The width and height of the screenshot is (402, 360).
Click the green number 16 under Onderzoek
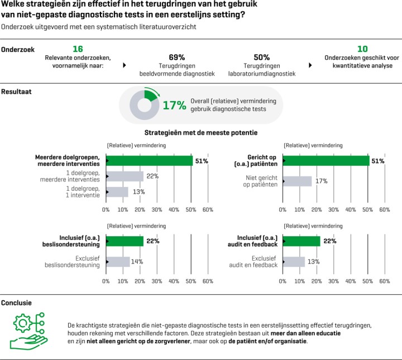point(78,49)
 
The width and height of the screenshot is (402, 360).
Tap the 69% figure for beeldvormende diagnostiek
point(176,57)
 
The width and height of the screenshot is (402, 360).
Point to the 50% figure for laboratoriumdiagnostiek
point(261,57)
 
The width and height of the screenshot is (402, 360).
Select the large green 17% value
point(174,105)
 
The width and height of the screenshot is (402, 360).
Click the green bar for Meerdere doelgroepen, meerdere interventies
point(149,161)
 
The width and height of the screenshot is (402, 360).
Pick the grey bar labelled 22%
point(125,176)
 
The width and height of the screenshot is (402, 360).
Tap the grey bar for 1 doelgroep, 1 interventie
point(117,192)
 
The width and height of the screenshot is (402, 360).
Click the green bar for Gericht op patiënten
point(326,161)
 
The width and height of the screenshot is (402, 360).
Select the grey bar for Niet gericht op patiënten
point(297,181)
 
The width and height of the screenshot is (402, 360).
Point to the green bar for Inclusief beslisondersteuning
point(125,241)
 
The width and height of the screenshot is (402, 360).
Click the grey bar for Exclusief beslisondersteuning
point(118,261)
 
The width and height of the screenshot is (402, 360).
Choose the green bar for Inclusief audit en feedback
point(301,241)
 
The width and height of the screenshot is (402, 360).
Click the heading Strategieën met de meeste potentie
point(201,133)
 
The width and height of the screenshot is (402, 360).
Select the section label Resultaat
point(16,90)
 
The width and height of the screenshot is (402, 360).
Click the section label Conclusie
point(16,303)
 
